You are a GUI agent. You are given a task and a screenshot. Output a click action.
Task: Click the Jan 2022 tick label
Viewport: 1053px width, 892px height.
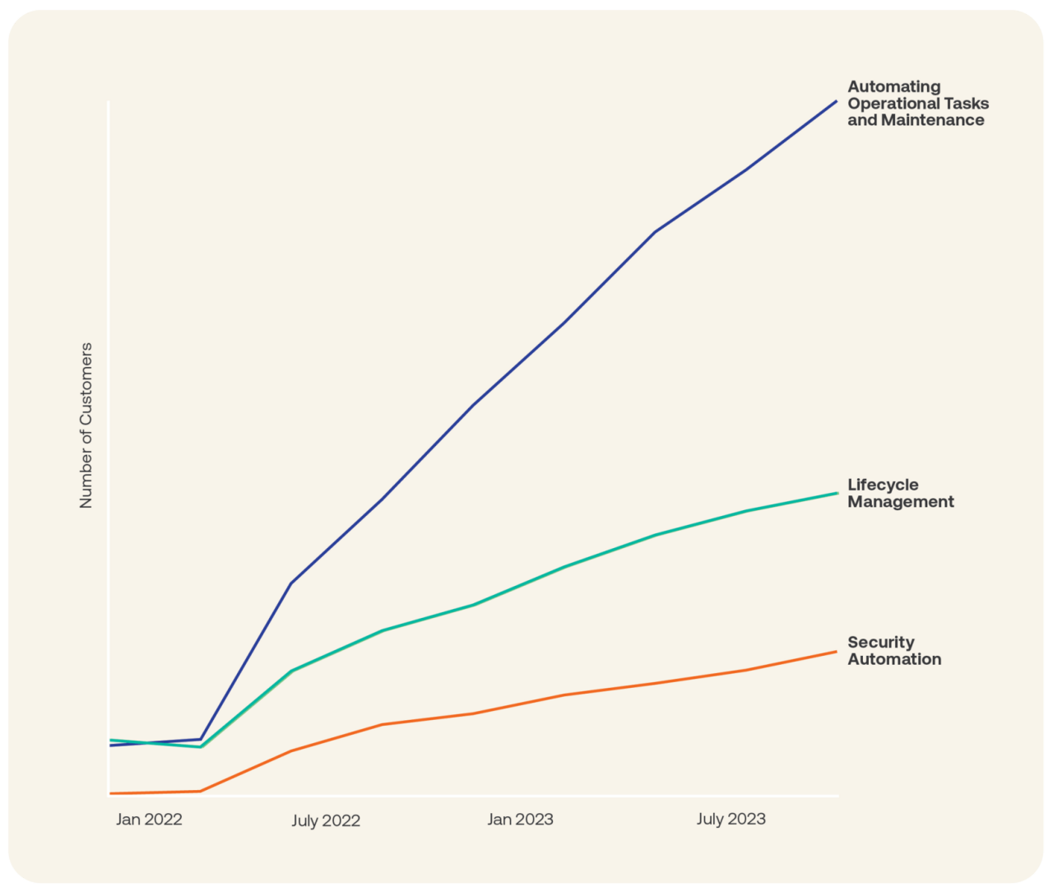coord(149,820)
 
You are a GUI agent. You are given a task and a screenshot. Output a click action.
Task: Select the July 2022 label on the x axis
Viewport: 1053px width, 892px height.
coord(326,821)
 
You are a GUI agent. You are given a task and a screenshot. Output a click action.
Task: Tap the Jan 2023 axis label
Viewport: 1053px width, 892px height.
coord(520,820)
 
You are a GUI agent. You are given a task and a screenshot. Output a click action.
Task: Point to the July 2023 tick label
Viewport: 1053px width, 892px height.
coord(731,820)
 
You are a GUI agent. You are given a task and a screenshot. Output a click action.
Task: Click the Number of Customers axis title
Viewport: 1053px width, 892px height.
coord(86,425)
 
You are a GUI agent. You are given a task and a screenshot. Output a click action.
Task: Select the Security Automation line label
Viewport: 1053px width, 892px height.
coord(894,651)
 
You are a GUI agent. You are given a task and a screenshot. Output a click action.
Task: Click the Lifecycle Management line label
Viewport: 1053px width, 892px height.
coord(901,494)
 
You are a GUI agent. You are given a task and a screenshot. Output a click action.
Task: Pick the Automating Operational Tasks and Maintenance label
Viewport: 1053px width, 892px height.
coord(918,104)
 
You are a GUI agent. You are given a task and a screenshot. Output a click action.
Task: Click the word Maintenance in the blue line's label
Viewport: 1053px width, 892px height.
coord(932,120)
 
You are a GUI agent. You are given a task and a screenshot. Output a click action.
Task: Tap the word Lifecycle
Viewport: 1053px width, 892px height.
coord(883,485)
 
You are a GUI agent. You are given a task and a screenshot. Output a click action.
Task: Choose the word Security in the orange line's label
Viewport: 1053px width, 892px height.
coord(881,643)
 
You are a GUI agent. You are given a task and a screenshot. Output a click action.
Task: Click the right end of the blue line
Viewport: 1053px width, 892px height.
coord(837,101)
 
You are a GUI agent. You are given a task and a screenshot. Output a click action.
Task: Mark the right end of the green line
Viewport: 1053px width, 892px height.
coord(837,493)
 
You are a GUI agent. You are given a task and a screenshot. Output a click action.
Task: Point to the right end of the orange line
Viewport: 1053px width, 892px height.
coord(837,652)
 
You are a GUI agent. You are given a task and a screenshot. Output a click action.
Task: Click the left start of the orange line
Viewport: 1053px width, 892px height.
coord(111,793)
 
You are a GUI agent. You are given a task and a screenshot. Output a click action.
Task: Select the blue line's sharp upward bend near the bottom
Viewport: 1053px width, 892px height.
coord(201,739)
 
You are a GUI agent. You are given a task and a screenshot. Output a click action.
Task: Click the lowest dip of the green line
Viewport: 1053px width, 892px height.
coord(201,747)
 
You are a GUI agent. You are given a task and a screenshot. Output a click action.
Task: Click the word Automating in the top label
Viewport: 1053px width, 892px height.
coord(894,86)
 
